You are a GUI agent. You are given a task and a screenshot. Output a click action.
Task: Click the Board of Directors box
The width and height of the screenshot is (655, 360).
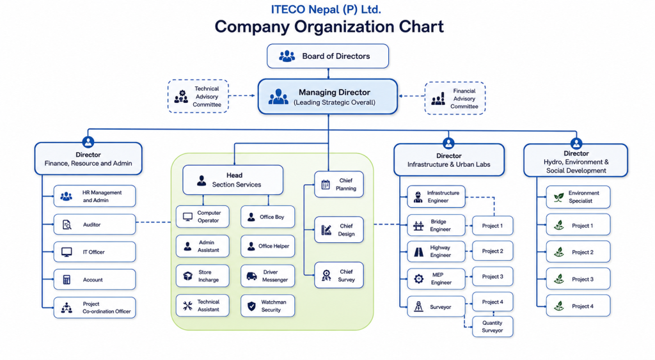[328, 56]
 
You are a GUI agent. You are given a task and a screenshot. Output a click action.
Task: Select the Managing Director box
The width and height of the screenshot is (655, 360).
[328, 97]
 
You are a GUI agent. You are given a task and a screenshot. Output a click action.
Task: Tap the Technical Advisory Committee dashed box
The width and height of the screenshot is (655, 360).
[198, 97]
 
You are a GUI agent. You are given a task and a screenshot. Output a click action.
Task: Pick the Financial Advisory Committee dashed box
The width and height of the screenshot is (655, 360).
[455, 98]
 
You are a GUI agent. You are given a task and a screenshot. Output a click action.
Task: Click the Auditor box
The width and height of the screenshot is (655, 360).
[95, 224]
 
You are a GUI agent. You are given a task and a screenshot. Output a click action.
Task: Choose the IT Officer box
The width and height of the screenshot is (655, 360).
[95, 252]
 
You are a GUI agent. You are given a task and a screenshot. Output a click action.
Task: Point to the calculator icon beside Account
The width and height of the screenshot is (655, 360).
[67, 279]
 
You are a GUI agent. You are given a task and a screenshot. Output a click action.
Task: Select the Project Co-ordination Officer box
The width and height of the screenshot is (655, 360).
[95, 308]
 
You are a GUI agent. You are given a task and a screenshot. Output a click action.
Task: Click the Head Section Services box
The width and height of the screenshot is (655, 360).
[233, 180]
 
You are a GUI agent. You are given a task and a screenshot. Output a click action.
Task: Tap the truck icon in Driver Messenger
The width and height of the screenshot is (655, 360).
[251, 276]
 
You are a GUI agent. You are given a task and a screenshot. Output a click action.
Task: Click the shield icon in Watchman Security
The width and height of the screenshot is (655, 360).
[251, 306]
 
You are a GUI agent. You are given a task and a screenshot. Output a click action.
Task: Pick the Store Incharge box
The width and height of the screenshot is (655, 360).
[203, 276]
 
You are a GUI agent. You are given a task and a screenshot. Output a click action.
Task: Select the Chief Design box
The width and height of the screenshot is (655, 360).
[339, 230]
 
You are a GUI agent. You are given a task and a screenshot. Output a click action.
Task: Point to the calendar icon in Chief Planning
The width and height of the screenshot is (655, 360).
[326, 184]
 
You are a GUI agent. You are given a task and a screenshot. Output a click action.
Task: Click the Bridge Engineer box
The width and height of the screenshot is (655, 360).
[436, 226]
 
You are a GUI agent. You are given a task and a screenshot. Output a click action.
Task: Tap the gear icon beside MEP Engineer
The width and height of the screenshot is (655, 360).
[418, 279]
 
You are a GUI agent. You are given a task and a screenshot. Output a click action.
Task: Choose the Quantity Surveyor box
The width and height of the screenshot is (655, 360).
[493, 327]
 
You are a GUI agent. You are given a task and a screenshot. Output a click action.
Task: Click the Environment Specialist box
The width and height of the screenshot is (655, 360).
[578, 197]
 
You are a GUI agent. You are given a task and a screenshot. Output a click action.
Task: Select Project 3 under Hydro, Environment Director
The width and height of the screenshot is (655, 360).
[578, 279]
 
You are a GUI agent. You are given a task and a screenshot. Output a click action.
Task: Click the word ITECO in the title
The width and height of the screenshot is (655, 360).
[288, 9]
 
